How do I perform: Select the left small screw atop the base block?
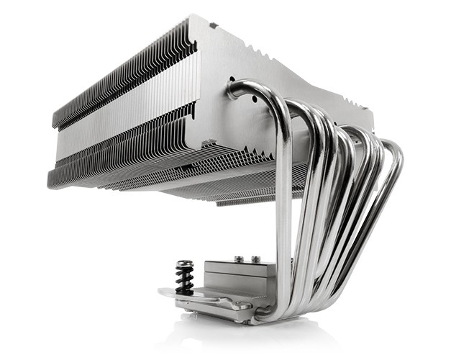(237, 258)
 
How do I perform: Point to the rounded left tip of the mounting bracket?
(163, 292)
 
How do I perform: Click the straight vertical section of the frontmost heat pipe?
(284, 216)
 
